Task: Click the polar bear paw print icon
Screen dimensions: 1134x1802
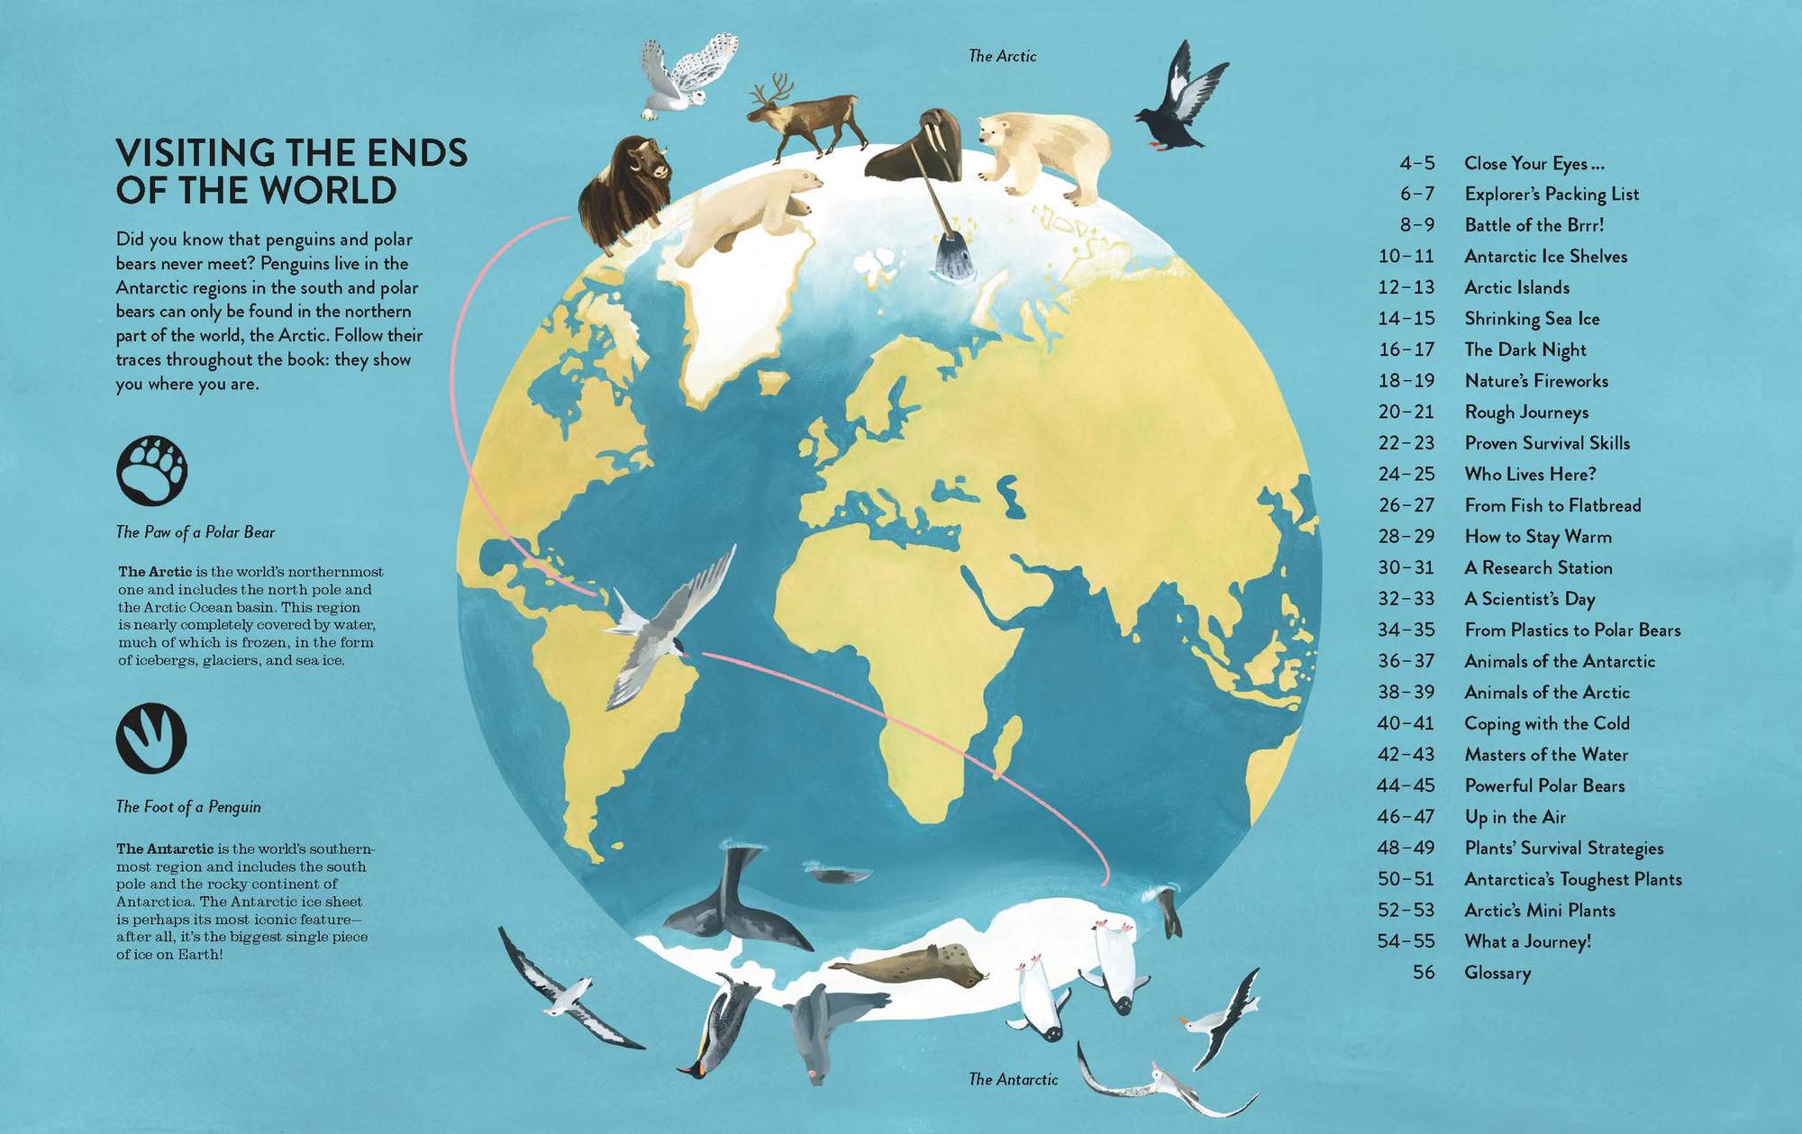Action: click(151, 470)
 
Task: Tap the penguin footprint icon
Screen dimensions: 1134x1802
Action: click(151, 738)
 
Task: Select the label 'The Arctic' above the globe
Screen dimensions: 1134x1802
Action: click(1002, 56)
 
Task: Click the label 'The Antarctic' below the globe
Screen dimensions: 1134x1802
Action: click(1013, 1079)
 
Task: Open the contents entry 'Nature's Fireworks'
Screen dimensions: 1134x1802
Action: click(1536, 381)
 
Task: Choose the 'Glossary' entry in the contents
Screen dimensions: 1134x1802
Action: click(1497, 973)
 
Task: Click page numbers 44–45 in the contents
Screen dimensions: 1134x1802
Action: click(1406, 785)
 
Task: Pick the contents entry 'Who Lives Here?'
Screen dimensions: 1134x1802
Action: click(1530, 474)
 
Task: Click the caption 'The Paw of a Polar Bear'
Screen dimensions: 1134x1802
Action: click(196, 532)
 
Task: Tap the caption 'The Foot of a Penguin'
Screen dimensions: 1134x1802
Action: click(188, 807)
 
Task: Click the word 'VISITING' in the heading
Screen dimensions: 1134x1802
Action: click(196, 153)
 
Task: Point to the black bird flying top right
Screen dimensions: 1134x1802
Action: click(1181, 99)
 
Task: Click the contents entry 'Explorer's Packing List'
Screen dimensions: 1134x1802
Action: click(1552, 194)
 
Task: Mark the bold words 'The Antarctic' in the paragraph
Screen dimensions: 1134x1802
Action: click(165, 848)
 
